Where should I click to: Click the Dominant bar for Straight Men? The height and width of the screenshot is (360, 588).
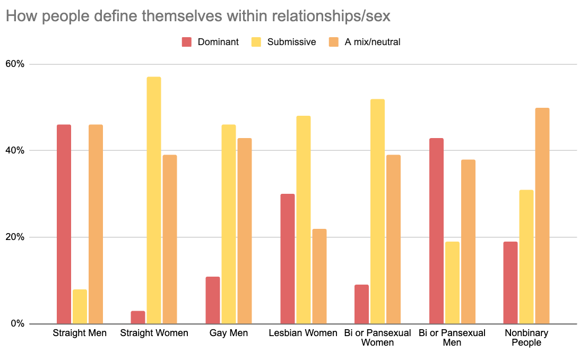64,224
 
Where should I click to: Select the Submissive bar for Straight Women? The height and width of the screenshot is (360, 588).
154,200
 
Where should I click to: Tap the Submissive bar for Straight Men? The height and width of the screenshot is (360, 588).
80,306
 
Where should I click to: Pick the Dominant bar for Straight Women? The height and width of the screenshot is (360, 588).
138,317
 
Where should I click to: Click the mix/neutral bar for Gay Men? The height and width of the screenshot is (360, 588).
245,231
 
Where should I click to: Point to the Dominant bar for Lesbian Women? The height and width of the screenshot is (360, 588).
288,259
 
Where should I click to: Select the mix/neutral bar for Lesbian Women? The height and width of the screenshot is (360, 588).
319,276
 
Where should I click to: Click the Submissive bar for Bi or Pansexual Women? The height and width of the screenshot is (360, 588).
378,211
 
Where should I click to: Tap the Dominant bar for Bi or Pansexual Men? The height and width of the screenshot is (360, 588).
437,231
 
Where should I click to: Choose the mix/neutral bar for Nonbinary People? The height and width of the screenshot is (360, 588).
542,216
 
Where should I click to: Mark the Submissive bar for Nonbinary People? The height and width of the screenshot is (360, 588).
526,257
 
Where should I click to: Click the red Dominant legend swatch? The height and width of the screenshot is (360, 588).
187,42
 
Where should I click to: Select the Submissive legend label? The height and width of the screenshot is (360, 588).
291,42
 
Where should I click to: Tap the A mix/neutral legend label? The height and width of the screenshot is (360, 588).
373,42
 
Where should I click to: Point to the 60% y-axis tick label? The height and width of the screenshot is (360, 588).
15,64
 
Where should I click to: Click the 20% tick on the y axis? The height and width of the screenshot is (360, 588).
15,237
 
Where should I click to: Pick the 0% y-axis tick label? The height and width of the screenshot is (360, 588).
18,323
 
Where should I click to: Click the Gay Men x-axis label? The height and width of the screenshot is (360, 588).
229,333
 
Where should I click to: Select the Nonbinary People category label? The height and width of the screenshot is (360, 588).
526,338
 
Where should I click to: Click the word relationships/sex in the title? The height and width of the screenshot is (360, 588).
331,16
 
